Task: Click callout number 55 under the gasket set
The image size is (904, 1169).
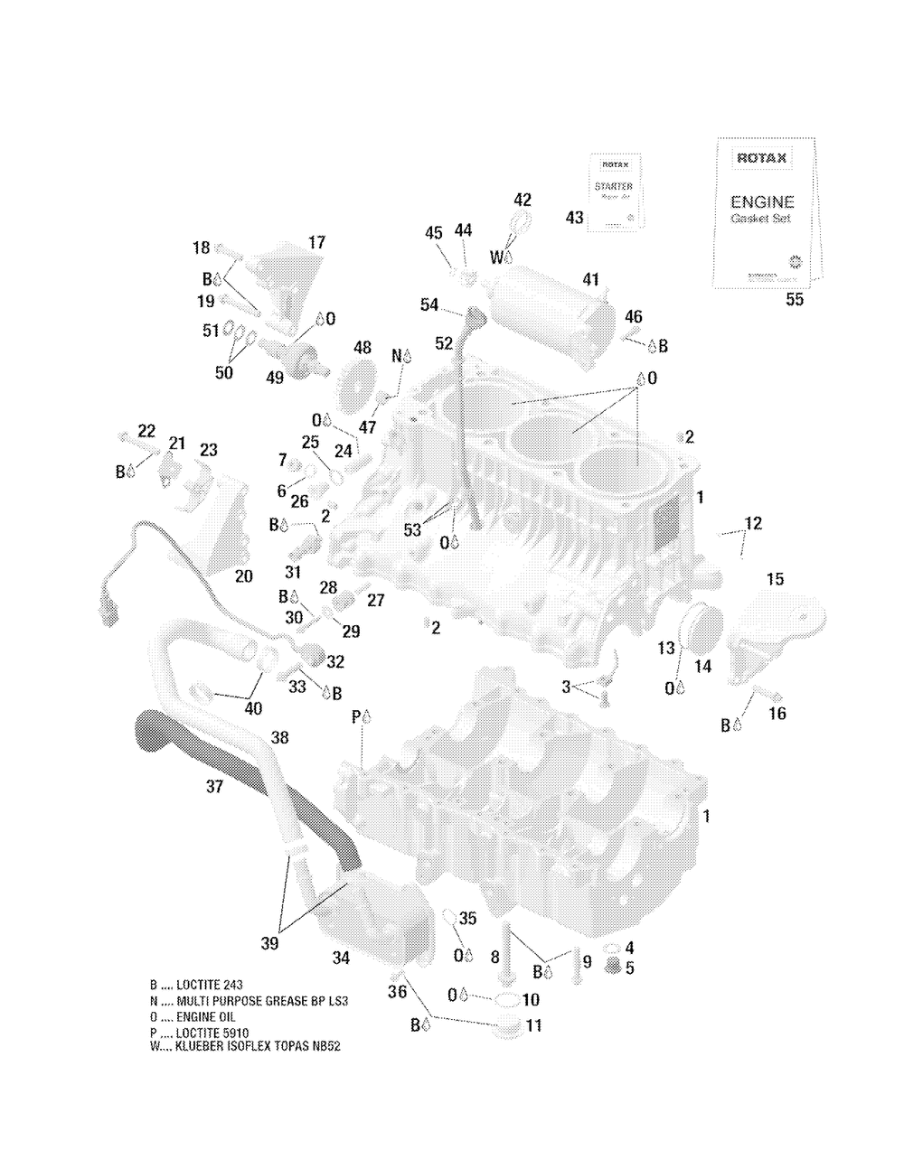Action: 794,300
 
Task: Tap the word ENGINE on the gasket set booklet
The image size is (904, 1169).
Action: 762,202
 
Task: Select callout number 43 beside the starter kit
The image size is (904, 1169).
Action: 574,218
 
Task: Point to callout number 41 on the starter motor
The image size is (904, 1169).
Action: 590,280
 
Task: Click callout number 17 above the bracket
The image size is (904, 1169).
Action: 316,243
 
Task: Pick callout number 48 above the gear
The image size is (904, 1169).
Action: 362,347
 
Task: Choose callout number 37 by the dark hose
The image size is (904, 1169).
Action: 214,787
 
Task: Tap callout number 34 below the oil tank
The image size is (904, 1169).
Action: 342,958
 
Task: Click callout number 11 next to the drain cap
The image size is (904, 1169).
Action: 534,1025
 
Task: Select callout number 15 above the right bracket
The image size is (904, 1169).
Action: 776,579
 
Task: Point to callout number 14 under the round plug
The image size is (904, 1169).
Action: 702,667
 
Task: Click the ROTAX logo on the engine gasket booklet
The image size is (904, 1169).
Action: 761,159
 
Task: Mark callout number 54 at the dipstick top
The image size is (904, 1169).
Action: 428,306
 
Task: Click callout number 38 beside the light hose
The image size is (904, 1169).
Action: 280,737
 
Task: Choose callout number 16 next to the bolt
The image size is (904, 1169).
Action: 777,714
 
